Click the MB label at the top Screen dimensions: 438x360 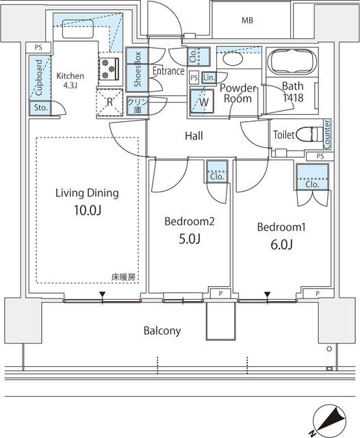point(247,21)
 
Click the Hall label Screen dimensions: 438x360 point(194,136)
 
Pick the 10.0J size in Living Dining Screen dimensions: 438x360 point(87,211)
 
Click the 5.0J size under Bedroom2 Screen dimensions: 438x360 point(190,239)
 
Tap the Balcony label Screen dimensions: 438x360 point(162,331)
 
